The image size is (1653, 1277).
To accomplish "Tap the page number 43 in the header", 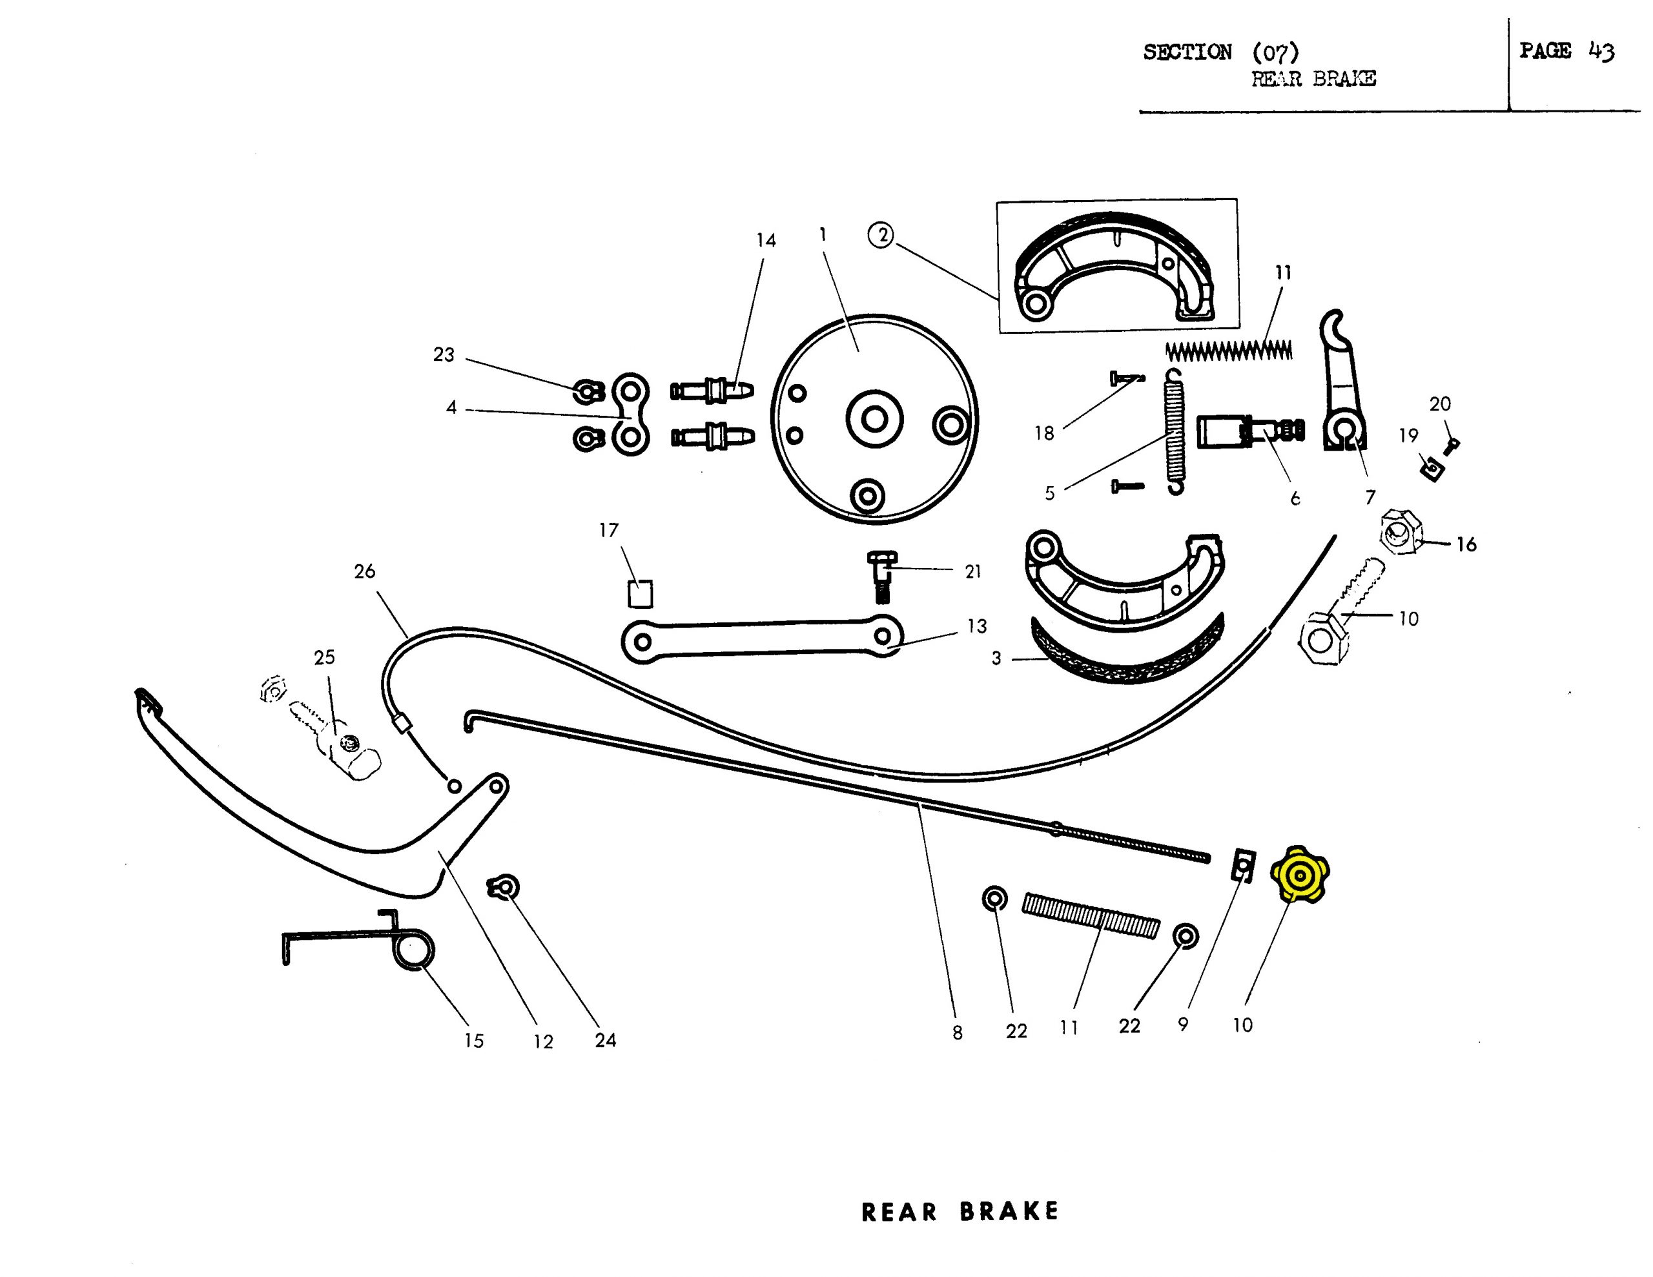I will click(x=1601, y=52).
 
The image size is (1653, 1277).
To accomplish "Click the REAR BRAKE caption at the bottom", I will click(x=960, y=1211).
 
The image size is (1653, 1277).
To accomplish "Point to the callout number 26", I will click(x=364, y=571).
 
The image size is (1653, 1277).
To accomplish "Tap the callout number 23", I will click(x=444, y=354).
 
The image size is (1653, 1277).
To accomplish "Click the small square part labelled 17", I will click(x=641, y=593).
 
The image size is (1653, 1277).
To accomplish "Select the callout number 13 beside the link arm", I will click(x=976, y=626).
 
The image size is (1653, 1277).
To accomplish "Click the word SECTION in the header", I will click(x=1187, y=52).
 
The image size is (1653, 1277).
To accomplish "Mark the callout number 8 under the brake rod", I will click(x=958, y=1032).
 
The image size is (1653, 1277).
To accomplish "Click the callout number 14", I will click(x=766, y=240).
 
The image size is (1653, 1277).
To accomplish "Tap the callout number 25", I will click(x=324, y=657).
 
